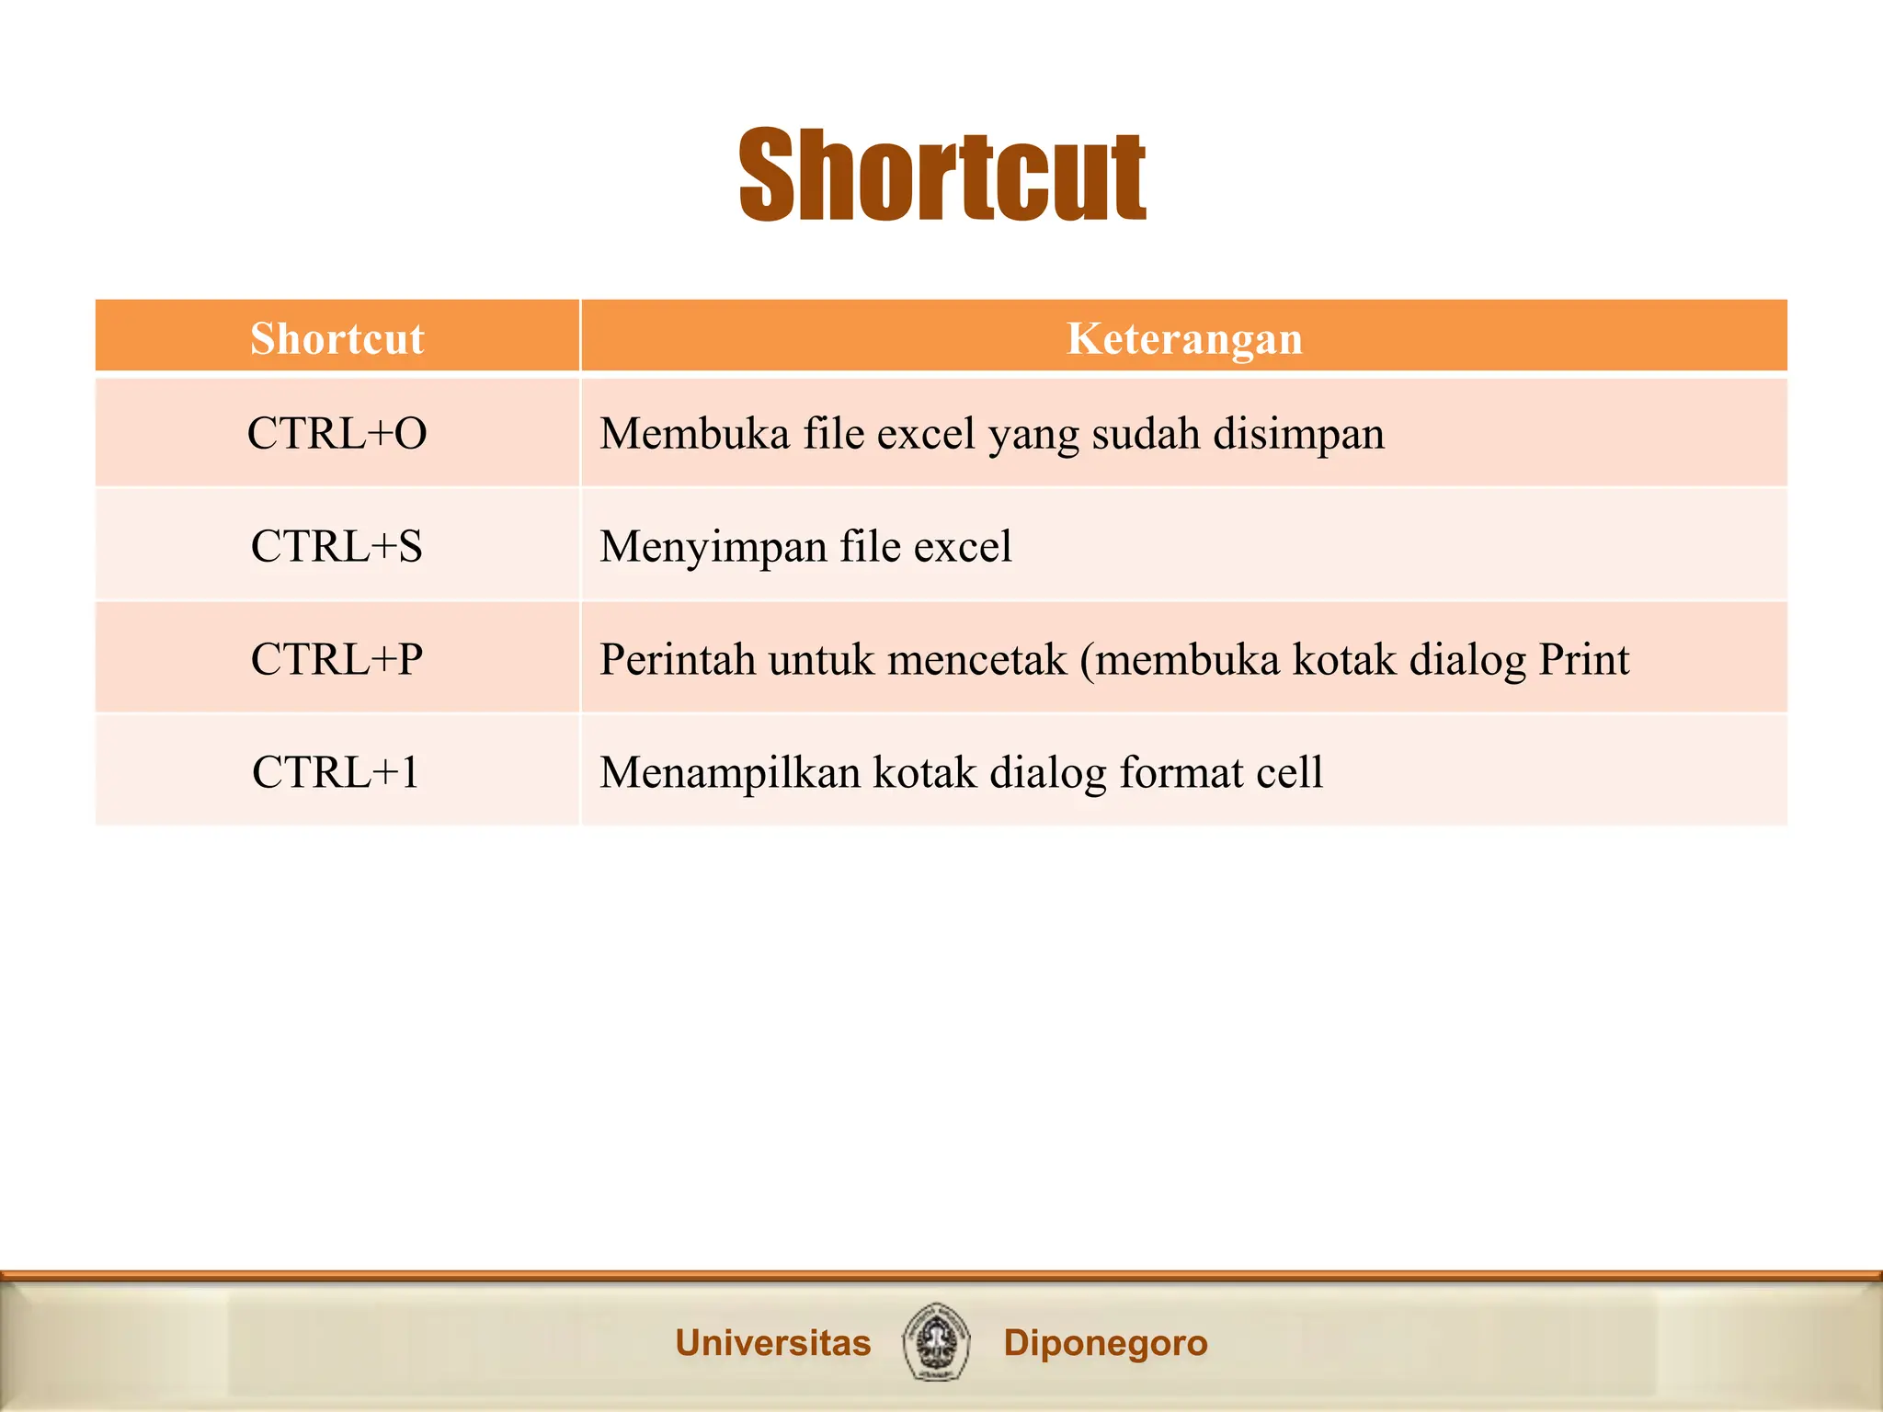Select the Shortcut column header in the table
click(337, 338)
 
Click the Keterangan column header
click(1184, 338)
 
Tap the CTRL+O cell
click(337, 434)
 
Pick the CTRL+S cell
click(337, 547)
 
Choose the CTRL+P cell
click(337, 660)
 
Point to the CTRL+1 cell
click(337, 772)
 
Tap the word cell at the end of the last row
click(1289, 772)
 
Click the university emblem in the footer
click(936, 1342)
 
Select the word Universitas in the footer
click(772, 1343)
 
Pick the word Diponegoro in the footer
click(1105, 1343)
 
